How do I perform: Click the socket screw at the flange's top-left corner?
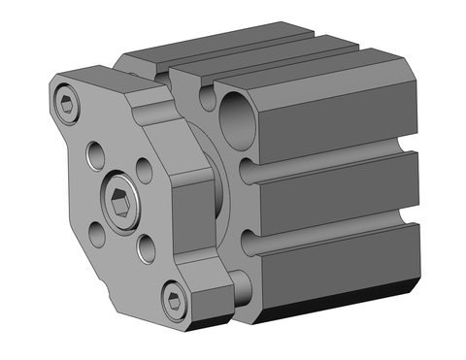click(x=65, y=102)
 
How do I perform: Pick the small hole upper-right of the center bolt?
click(x=145, y=172)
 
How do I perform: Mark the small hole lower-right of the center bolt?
click(x=147, y=248)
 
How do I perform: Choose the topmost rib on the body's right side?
click(x=340, y=121)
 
